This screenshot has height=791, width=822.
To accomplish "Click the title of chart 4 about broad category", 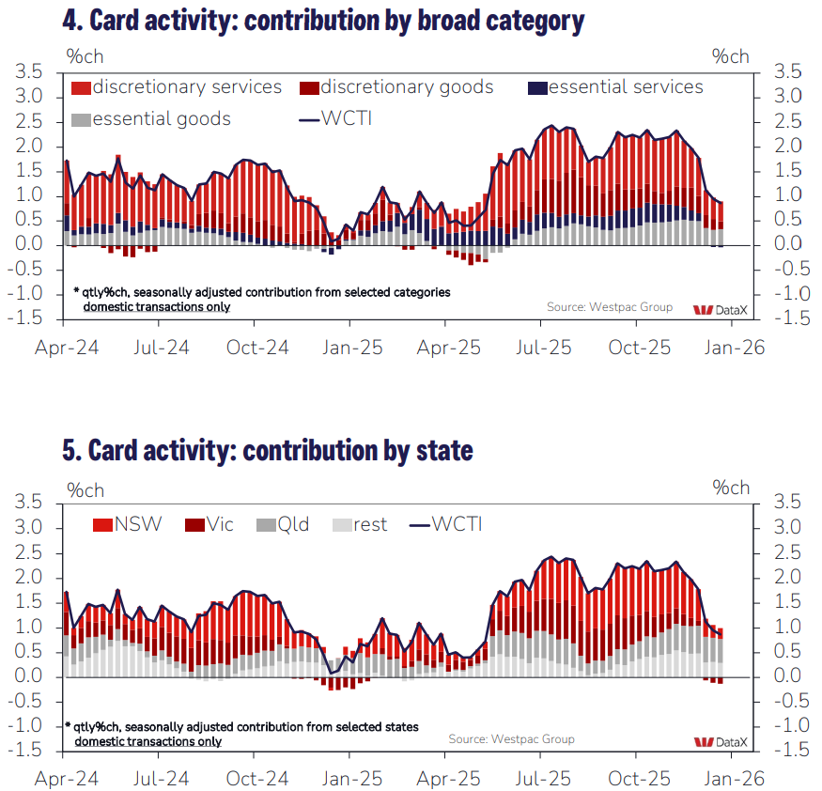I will click(x=324, y=21).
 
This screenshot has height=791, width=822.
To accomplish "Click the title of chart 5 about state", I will click(x=268, y=450).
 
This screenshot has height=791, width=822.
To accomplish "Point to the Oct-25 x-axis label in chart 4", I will click(x=641, y=347).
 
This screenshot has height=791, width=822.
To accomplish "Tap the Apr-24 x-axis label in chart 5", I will click(x=67, y=779).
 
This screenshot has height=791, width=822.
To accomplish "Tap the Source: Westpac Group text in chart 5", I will click(x=511, y=739).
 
